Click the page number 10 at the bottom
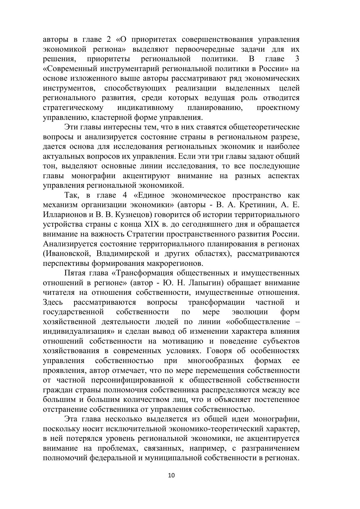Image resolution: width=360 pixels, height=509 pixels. pyautogui.click(x=171, y=475)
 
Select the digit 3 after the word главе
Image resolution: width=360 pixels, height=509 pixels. pyautogui.click(x=297, y=59)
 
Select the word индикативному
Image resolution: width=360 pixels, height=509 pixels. pyautogui.click(x=145, y=108)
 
